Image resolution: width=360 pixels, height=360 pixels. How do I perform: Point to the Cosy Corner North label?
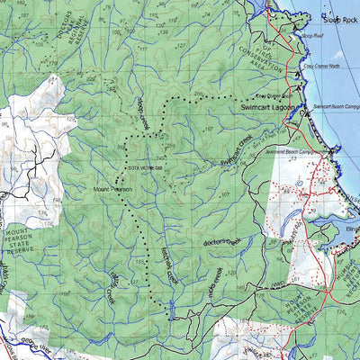323,66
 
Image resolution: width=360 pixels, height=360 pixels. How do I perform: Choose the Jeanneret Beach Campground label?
310,152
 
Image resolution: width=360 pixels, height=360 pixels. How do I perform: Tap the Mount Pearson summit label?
112,190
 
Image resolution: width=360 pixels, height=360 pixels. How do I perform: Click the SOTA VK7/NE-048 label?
143,168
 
